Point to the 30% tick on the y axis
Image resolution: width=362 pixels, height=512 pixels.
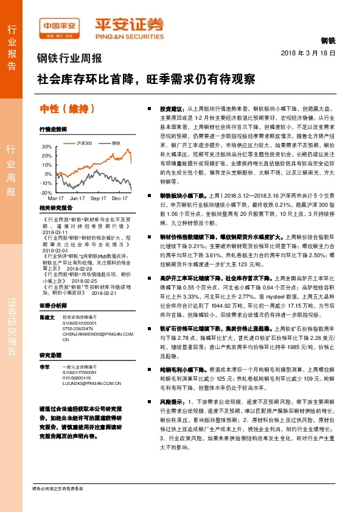(x=47, y=147)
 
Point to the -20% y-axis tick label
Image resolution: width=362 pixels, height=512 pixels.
(x=46, y=192)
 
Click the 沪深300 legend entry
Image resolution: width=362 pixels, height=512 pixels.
(x=84, y=143)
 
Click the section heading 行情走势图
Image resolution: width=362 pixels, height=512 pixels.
(x=52, y=129)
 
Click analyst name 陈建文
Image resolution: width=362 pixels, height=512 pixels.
(x=47, y=318)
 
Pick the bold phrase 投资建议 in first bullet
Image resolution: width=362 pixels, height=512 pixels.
(x=171, y=105)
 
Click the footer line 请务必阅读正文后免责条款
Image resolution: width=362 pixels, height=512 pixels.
(x=57, y=488)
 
